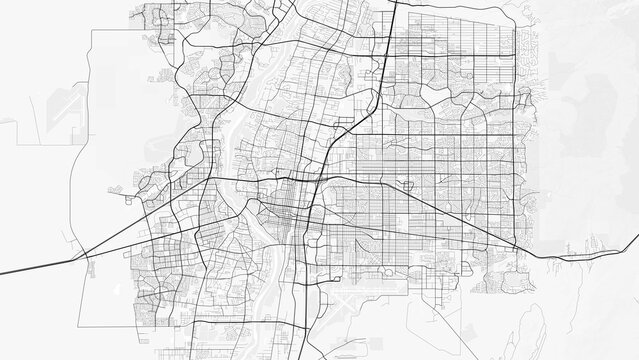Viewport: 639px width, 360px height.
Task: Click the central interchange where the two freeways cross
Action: pyautogui.click(x=318, y=180)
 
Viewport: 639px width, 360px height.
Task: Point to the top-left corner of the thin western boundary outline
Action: pyautogui.click(x=91, y=31)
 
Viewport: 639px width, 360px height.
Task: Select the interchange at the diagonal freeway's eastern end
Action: pyautogui.click(x=516, y=246)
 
